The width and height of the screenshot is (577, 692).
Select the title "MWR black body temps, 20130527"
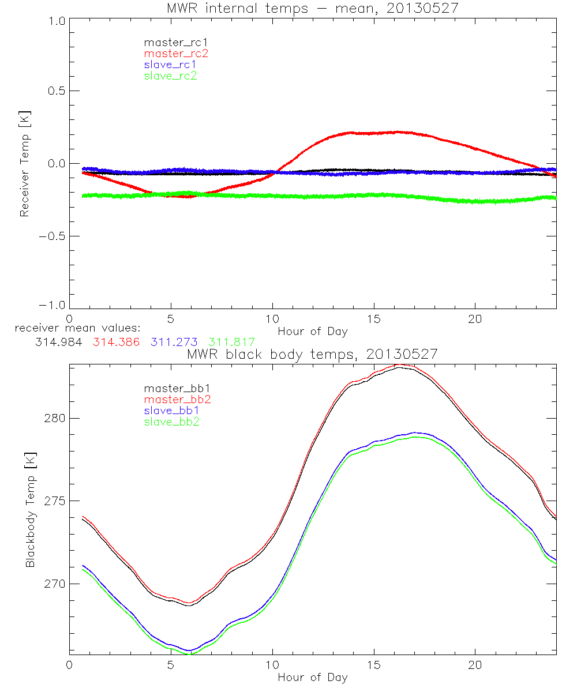[x=312, y=354]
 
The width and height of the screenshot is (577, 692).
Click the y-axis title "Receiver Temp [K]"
[x=24, y=164]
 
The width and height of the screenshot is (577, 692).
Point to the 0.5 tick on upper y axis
[x=55, y=91]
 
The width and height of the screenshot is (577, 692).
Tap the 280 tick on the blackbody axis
[x=54, y=418]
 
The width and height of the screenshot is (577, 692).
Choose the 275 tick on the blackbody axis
[x=54, y=501]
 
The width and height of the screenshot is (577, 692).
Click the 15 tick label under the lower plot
[x=374, y=665]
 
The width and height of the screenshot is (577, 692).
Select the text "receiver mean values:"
[x=74, y=329]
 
